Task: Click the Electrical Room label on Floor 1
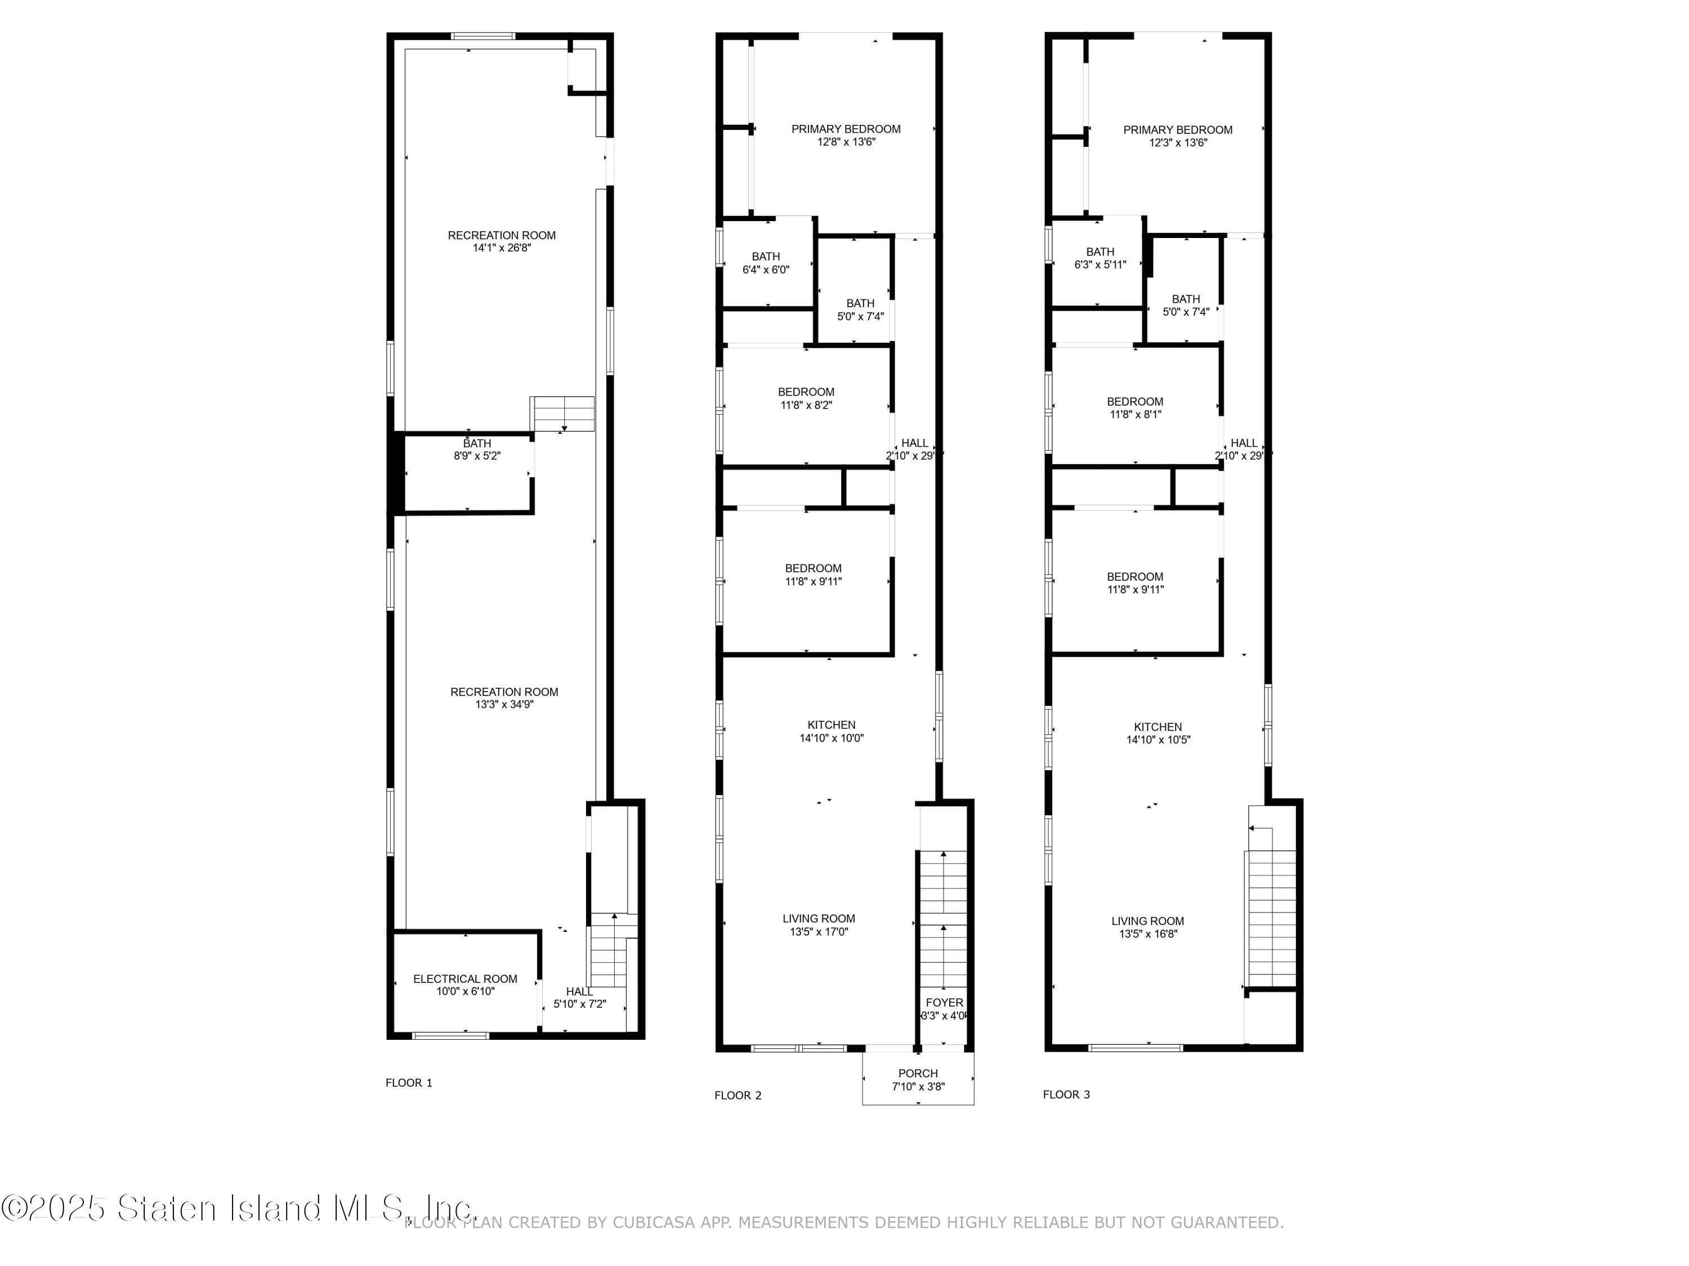tap(465, 978)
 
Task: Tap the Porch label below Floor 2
tap(918, 1073)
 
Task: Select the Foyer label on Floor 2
tap(945, 1003)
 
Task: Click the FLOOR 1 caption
tap(409, 1082)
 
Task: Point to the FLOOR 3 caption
tap(1066, 1094)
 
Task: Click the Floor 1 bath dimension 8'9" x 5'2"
tap(477, 456)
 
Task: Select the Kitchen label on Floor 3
tap(1158, 727)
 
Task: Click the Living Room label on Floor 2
tap(819, 919)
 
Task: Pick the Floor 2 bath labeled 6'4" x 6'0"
tap(766, 263)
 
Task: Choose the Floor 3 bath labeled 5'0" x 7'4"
tap(1186, 305)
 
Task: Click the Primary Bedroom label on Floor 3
tap(1177, 130)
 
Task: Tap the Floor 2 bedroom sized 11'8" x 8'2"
tap(806, 398)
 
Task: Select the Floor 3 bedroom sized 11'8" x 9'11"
tap(1136, 583)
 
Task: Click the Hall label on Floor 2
tap(915, 443)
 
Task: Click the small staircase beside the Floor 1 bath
tap(563, 414)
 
